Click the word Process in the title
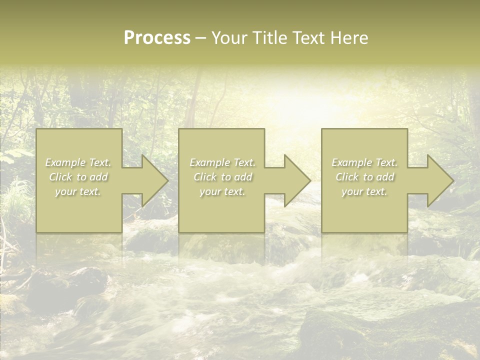[x=157, y=38]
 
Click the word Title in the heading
[x=271, y=38]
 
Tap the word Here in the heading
[x=350, y=38]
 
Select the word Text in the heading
[x=309, y=38]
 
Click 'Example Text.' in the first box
[x=78, y=162]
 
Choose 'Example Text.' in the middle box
[x=222, y=162]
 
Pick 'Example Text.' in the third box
[x=364, y=162]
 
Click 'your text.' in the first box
[x=78, y=191]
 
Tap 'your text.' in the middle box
[x=222, y=191]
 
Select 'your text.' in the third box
[x=364, y=191]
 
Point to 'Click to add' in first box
[x=78, y=177]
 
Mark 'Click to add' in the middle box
[x=222, y=177]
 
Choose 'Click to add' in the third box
[x=364, y=177]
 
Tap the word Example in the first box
[x=65, y=162]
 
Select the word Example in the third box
[x=351, y=162]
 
